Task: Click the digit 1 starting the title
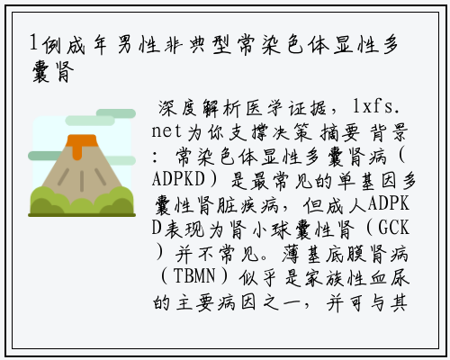[33, 43]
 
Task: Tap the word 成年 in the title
[86, 45]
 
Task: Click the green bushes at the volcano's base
[82, 201]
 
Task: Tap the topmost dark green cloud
[116, 113]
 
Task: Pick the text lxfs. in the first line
[376, 107]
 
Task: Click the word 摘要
[340, 132]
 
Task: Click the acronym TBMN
[194, 275]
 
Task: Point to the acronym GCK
[393, 228]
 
